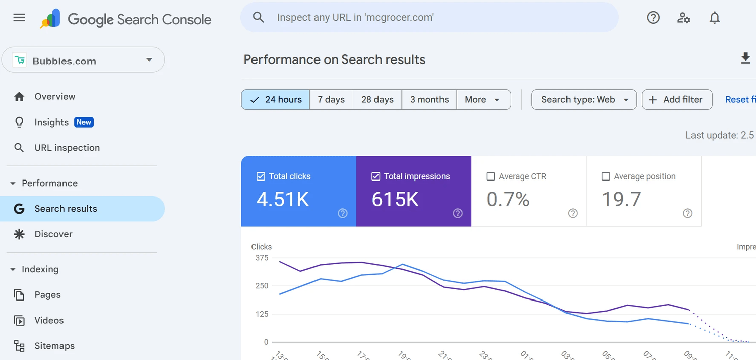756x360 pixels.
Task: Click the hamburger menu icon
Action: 19,18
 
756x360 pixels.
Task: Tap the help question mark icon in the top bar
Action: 653,18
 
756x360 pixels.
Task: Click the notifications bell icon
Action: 715,18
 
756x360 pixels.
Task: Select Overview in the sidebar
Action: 54,97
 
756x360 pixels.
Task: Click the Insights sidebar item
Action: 51,122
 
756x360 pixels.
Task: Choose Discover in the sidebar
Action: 53,234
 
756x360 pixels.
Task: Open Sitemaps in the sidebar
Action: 54,346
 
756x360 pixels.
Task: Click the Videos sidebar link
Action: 49,321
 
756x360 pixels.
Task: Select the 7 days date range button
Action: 331,100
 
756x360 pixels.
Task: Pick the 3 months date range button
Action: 429,100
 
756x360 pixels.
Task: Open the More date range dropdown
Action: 483,100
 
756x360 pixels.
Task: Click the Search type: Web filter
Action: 584,100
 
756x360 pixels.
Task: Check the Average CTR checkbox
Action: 491,176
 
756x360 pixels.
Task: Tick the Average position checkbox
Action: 606,176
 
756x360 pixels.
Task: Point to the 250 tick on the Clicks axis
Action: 262,286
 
